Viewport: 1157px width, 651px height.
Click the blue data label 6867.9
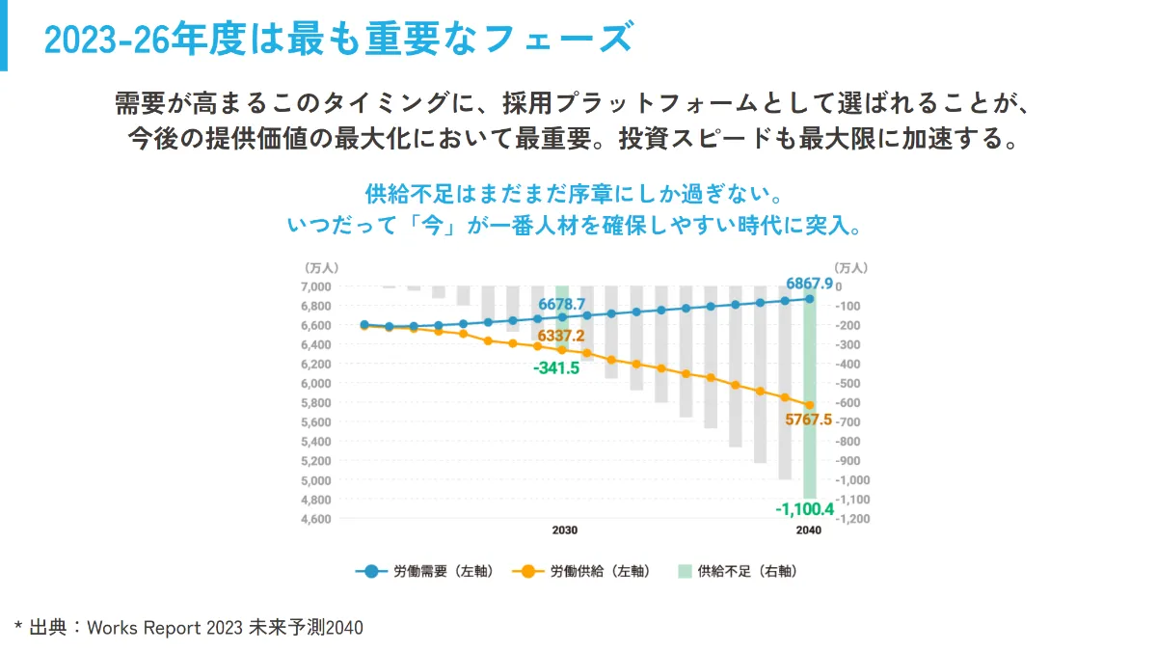tap(809, 284)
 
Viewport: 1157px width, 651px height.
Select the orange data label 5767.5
tap(809, 420)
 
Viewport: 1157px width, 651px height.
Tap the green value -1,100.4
tap(805, 508)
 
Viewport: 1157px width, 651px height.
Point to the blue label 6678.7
tap(562, 304)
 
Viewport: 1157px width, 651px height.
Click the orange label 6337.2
tap(561, 336)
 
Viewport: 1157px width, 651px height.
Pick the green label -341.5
tap(556, 368)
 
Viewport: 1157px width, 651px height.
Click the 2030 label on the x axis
tap(565, 531)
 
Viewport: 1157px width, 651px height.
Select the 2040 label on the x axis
tap(809, 531)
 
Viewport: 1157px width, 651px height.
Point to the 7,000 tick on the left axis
tap(316, 286)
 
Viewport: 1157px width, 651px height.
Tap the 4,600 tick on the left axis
tap(316, 519)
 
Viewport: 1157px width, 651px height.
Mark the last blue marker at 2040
tap(810, 299)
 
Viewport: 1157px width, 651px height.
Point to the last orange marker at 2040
tap(810, 405)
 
